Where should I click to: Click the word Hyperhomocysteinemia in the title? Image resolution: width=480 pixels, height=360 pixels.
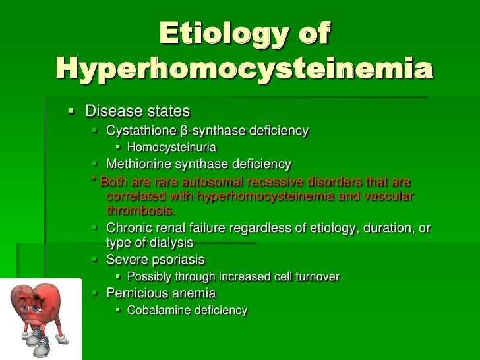[x=244, y=69]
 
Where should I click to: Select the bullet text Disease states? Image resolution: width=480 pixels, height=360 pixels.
[x=137, y=111]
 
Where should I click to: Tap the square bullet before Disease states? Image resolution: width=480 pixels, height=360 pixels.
[x=73, y=109]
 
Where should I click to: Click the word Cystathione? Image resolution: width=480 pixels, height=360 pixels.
[x=141, y=131]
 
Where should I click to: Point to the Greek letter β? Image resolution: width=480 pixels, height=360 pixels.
[x=184, y=131]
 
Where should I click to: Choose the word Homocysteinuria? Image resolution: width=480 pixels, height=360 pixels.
[x=171, y=147]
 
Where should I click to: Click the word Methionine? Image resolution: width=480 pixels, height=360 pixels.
[x=138, y=164]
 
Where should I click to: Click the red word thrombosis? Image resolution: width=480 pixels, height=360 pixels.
[x=140, y=211]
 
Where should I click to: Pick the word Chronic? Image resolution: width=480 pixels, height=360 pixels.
[x=129, y=228]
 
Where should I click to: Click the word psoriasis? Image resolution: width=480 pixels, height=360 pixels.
[x=177, y=259]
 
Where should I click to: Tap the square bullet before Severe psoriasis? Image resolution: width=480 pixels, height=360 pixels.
[x=94, y=259]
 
